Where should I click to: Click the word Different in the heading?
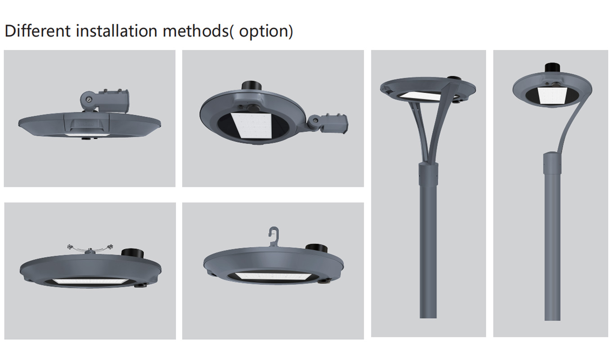(38, 31)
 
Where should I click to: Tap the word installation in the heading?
(117, 31)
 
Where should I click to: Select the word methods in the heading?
(196, 31)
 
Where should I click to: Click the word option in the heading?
(263, 32)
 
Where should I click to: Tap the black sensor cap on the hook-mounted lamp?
(316, 248)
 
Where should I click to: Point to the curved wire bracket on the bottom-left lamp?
(90, 248)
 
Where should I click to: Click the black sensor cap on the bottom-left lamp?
(132, 252)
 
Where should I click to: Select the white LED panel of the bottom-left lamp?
(89, 282)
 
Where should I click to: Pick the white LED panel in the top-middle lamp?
(252, 126)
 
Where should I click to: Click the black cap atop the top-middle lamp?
(252, 85)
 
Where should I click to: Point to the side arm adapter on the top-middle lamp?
(328, 124)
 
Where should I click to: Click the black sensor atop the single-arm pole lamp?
(553, 68)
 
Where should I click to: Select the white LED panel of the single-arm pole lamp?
(552, 95)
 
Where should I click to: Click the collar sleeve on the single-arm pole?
(553, 162)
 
